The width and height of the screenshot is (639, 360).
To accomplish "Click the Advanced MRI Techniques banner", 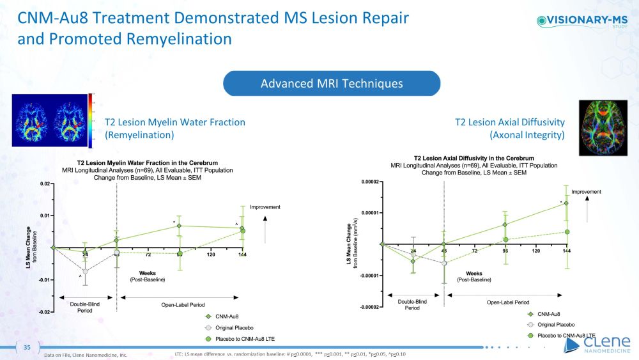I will tap(331, 84).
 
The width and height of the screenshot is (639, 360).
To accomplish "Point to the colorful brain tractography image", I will tap(603, 128).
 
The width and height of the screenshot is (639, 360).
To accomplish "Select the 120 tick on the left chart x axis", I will tap(211, 255).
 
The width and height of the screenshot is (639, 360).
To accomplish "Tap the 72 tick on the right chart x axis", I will tap(474, 251).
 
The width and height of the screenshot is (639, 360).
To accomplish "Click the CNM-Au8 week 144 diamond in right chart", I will tap(566, 203).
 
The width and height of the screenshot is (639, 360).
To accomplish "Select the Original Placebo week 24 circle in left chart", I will tap(85, 271).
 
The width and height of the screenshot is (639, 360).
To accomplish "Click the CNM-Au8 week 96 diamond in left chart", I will tap(180, 226).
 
